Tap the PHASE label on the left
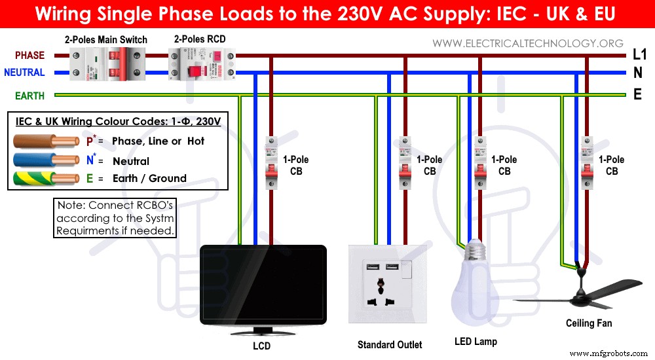tap(29, 56)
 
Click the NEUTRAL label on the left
tap(24, 73)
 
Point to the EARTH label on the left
tap(29, 96)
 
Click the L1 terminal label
tap(639, 56)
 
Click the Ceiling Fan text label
tap(589, 323)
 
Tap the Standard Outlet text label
tap(390, 344)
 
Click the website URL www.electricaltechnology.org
tap(528, 43)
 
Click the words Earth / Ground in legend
tap(149, 178)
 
